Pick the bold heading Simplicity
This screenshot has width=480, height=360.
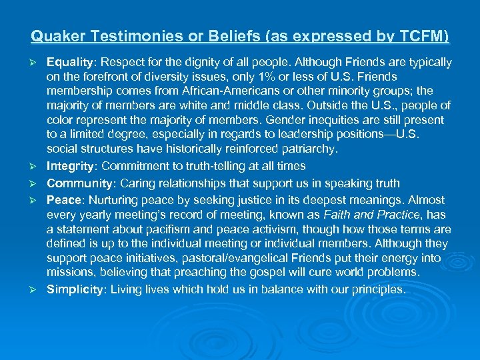(73, 289)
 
